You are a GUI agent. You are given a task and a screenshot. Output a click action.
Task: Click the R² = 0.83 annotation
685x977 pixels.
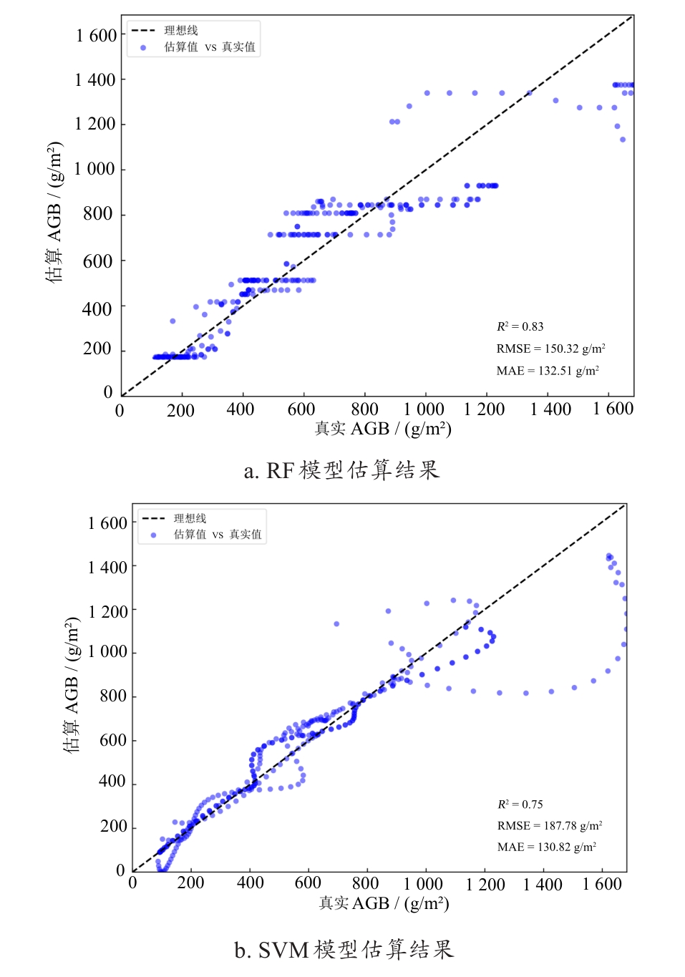[x=520, y=326]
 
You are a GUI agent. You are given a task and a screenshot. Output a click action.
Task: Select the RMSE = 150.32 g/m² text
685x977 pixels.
[x=550, y=349]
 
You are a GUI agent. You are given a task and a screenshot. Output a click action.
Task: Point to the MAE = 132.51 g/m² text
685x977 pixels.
[x=548, y=371]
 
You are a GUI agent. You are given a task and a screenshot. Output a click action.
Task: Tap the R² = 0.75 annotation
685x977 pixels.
[x=520, y=805]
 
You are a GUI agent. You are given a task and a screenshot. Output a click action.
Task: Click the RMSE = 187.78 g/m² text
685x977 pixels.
[x=550, y=826]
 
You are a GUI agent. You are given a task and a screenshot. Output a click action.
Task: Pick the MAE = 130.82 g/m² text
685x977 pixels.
[x=547, y=847]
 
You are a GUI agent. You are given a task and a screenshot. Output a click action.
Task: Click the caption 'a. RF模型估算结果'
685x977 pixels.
[x=341, y=470]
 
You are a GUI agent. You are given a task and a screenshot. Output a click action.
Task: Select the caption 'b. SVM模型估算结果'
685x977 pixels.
[x=344, y=950]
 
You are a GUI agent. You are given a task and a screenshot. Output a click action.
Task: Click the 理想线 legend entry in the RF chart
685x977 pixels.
[x=181, y=31]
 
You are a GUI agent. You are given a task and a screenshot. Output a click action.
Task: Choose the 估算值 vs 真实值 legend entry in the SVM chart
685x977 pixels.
[x=218, y=535]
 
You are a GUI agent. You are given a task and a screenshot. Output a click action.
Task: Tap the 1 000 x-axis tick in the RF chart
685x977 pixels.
[x=424, y=409]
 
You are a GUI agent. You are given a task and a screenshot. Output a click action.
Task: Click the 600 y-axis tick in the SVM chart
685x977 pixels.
[x=113, y=740]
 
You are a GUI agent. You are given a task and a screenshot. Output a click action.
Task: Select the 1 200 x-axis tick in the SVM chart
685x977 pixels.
[x=485, y=885]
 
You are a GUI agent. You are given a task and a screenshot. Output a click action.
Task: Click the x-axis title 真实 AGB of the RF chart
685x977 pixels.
[x=383, y=429]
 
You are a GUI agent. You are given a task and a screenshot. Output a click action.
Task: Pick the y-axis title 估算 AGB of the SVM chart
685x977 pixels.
[x=72, y=684]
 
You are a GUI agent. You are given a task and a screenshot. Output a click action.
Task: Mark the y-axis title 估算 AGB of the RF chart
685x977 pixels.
[x=54, y=212]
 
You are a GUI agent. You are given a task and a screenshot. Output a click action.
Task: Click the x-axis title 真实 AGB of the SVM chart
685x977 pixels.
[x=384, y=903]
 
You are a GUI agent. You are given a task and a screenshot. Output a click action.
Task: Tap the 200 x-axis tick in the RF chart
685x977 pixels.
[x=180, y=411]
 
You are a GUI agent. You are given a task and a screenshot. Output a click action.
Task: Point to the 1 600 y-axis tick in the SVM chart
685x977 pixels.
[x=107, y=523]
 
